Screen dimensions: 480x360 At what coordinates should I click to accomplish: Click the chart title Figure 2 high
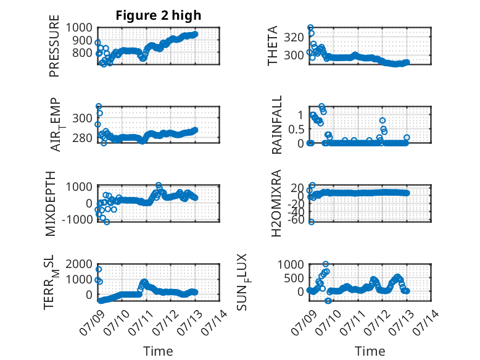coord(159,15)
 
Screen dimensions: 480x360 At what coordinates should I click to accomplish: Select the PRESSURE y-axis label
coord(54,46)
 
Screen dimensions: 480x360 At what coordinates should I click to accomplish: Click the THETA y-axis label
coord(272,46)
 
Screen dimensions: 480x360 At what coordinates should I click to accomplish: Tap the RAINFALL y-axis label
coord(276,125)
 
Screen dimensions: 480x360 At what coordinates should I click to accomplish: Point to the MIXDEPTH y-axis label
coord(51,204)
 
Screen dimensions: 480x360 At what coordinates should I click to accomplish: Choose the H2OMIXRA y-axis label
coord(276,203)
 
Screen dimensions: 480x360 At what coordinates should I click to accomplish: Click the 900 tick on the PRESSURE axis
coord(81,40)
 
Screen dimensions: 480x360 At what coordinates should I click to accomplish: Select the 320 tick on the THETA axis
coord(294,38)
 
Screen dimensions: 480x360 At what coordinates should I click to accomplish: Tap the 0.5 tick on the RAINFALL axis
coord(296,129)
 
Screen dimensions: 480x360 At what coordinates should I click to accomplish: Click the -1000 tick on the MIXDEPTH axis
coord(77,219)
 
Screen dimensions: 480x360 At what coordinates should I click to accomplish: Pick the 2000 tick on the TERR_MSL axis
coord(79,264)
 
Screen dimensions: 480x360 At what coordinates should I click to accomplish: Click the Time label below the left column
coord(158,351)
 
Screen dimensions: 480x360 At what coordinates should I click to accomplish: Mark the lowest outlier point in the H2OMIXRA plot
coord(312,222)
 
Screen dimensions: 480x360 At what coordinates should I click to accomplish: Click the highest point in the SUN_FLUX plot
coord(326,264)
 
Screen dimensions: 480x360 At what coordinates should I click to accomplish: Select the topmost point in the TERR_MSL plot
coord(99,269)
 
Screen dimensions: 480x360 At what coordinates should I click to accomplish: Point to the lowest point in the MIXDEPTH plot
coord(107,222)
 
